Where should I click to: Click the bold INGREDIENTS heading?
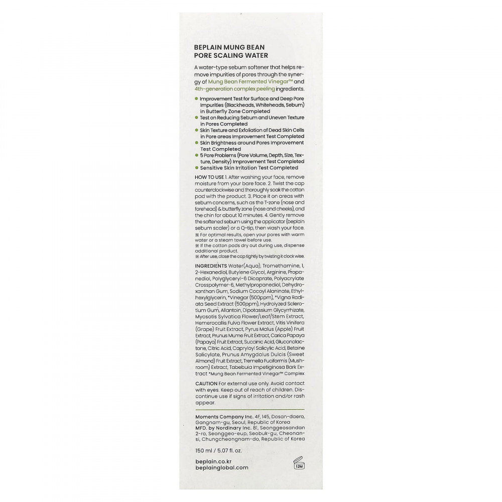[210, 265]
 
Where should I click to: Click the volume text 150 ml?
[204, 450]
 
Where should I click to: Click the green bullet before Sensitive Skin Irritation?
[196, 168]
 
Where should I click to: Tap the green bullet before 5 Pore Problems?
[196, 155]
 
